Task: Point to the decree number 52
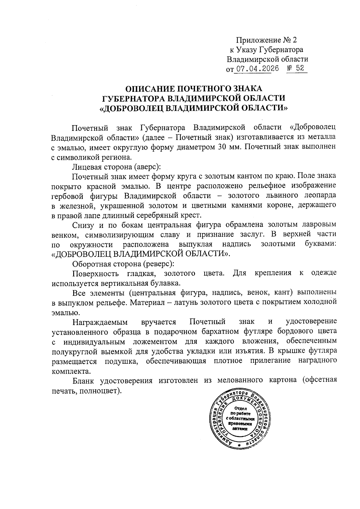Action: click(300, 68)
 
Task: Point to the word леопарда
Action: click(317, 195)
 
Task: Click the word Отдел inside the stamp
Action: click(241, 408)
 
